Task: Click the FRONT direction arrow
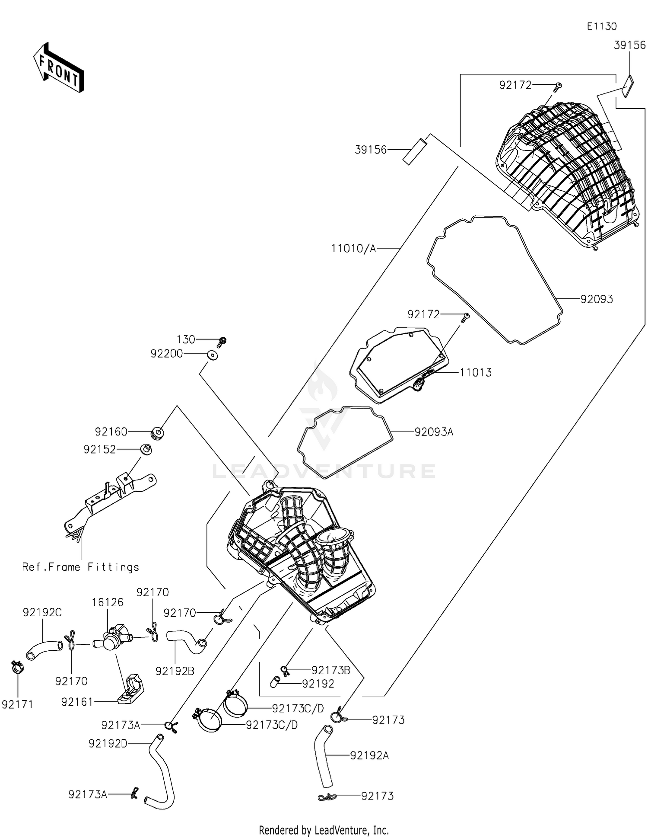[x=58, y=68]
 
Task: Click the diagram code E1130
[x=601, y=26]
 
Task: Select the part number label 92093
[x=596, y=299]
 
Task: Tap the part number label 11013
[x=475, y=373]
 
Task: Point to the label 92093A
[x=433, y=432]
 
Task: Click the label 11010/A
[x=353, y=249]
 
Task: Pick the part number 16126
[x=108, y=602]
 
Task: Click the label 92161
[x=77, y=702]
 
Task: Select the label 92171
[x=17, y=705]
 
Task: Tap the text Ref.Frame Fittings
[x=81, y=567]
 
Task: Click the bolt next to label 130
[x=222, y=342]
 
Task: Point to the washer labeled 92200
[x=212, y=355]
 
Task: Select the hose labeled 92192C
[x=43, y=650]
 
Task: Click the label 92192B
[x=175, y=671]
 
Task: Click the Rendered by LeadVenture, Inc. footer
[x=324, y=830]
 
